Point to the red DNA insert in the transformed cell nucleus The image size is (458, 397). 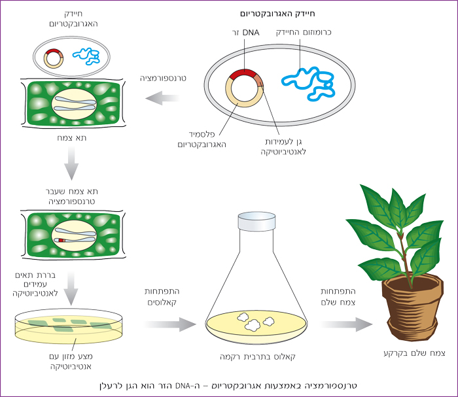click(62, 241)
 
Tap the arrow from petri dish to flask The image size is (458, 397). click(169, 324)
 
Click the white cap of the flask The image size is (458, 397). click(253, 223)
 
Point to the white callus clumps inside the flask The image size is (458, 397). click(255, 320)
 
